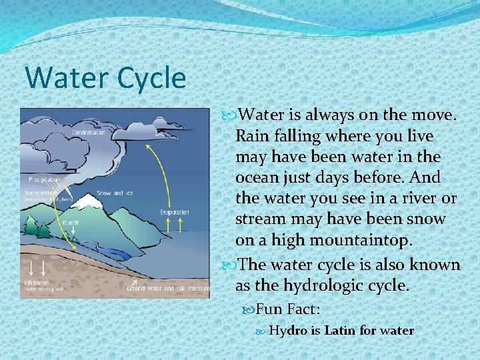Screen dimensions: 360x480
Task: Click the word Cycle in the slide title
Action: [x=151, y=78]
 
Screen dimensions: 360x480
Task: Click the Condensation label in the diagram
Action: [x=89, y=132]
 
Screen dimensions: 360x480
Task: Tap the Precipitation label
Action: [x=44, y=179]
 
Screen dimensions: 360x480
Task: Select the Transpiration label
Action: [x=41, y=193]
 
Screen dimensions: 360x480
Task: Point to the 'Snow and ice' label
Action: [x=115, y=193]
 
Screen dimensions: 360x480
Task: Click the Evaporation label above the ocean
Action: [x=175, y=212]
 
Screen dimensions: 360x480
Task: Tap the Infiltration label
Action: [x=38, y=283]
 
